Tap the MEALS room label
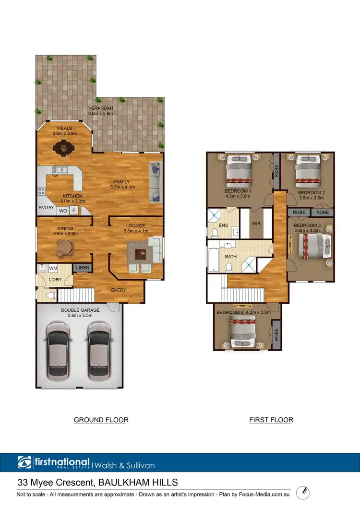(x=64, y=128)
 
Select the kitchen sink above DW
(x=60, y=169)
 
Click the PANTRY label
(x=46, y=208)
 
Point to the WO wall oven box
(x=63, y=210)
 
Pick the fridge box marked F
(x=74, y=210)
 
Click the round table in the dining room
(x=63, y=248)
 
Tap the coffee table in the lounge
(x=140, y=254)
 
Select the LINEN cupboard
(x=81, y=268)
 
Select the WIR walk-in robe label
(x=256, y=224)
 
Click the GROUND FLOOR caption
(x=101, y=420)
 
